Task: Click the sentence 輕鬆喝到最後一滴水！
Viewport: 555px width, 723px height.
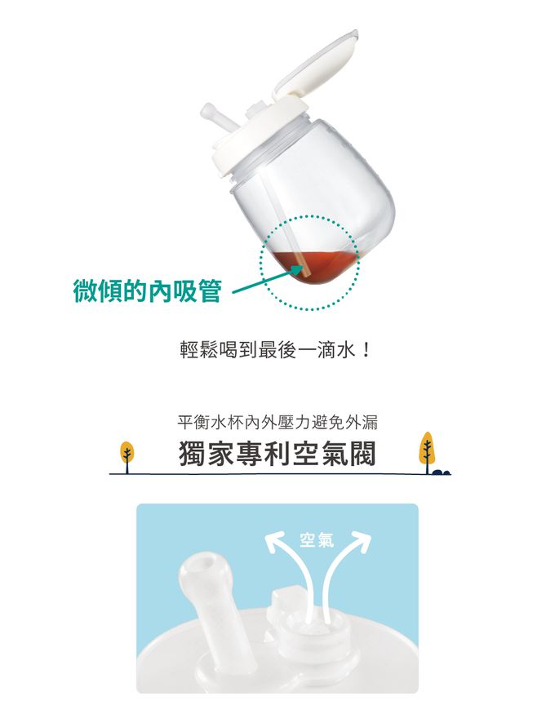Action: (277, 352)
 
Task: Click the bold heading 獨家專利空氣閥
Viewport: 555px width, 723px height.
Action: (277, 455)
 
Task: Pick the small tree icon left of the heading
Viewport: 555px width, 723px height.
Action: (127, 454)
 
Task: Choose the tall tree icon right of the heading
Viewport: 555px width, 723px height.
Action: (426, 450)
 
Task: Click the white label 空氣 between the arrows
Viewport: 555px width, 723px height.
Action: (314, 539)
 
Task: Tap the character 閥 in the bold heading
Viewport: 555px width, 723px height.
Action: (361, 455)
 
